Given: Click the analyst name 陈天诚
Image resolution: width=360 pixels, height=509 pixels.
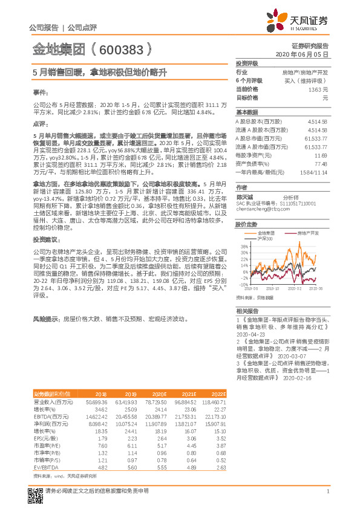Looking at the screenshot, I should tap(245, 197).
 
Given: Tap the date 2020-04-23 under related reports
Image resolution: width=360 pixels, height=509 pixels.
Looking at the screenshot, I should tap(251, 334).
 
